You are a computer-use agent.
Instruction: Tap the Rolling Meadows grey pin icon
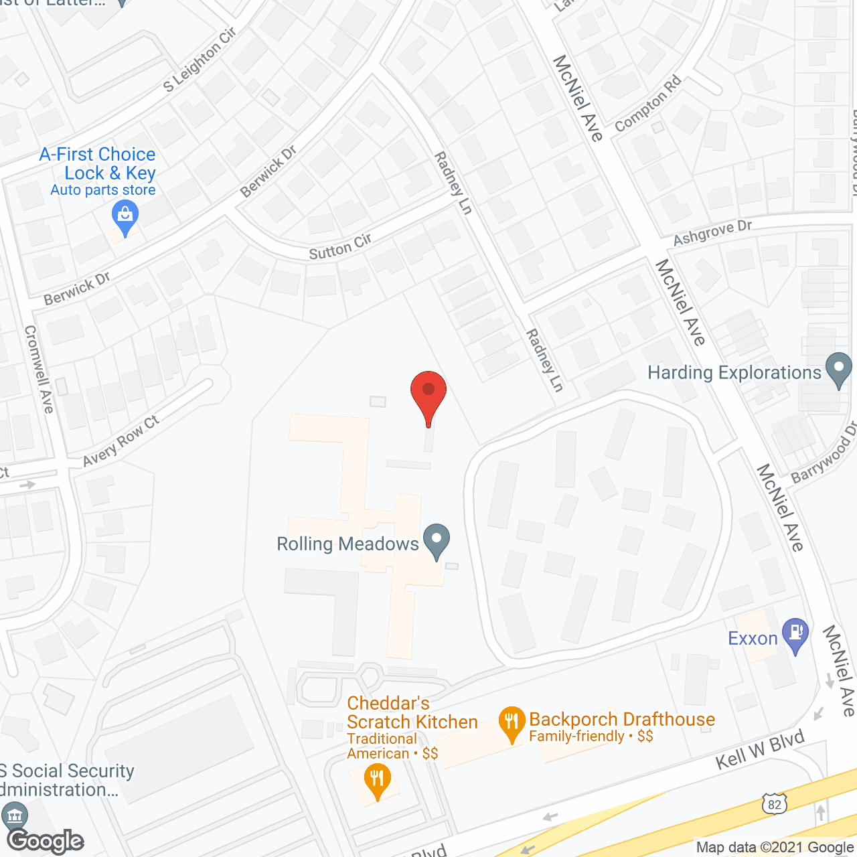pos(437,540)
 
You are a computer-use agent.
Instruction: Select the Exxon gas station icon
pos(795,634)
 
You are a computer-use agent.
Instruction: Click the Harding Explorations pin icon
pos(838,369)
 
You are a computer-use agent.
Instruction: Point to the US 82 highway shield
pos(774,803)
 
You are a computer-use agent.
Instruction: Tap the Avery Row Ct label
pos(121,441)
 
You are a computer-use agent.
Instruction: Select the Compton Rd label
pos(647,104)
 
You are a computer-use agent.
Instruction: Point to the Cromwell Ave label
pos(39,369)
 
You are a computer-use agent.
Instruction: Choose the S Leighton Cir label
pos(200,59)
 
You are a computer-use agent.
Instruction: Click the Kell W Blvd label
pos(760,750)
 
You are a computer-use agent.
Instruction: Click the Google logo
pos(46,841)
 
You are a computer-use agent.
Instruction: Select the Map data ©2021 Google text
pos(775,847)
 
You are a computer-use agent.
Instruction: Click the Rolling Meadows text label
pos(347,544)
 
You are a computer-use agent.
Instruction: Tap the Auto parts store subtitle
pos(103,190)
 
